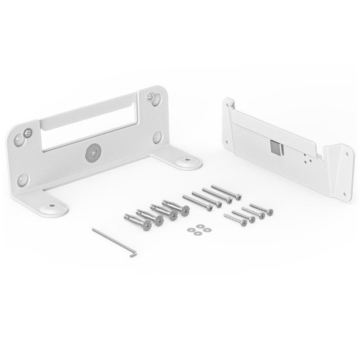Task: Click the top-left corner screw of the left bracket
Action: tap(28, 134)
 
